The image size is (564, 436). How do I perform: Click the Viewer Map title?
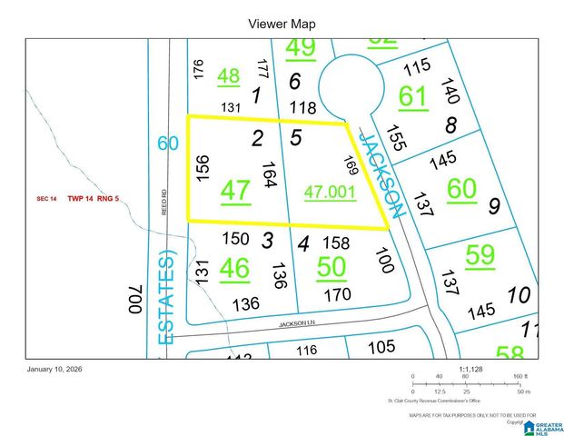tap(281, 25)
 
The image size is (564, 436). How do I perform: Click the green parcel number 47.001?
tap(330, 193)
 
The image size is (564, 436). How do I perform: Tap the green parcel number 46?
tap(234, 268)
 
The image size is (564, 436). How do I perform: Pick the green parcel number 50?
tap(331, 265)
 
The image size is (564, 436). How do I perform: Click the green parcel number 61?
tap(412, 95)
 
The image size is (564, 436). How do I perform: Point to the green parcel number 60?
tap(461, 188)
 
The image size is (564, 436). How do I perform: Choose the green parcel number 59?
tap(480, 254)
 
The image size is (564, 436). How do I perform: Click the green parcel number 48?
tap(229, 76)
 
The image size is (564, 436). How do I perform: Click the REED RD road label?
tap(164, 201)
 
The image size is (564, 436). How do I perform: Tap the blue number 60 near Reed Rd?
tap(166, 143)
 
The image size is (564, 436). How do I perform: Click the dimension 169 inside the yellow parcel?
tap(350, 167)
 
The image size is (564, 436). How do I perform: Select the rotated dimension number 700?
tap(135, 299)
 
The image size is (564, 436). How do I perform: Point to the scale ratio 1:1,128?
tap(472, 370)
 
